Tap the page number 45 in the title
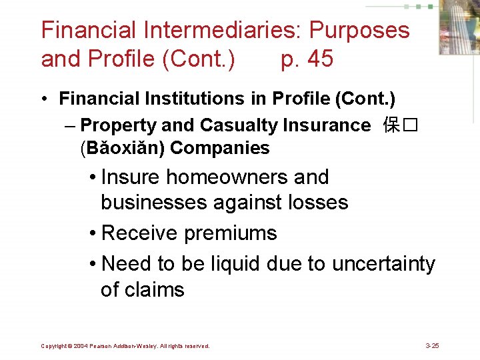[317, 59]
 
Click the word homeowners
[226, 177]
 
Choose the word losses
[319, 202]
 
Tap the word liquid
[235, 264]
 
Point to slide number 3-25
[432, 346]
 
